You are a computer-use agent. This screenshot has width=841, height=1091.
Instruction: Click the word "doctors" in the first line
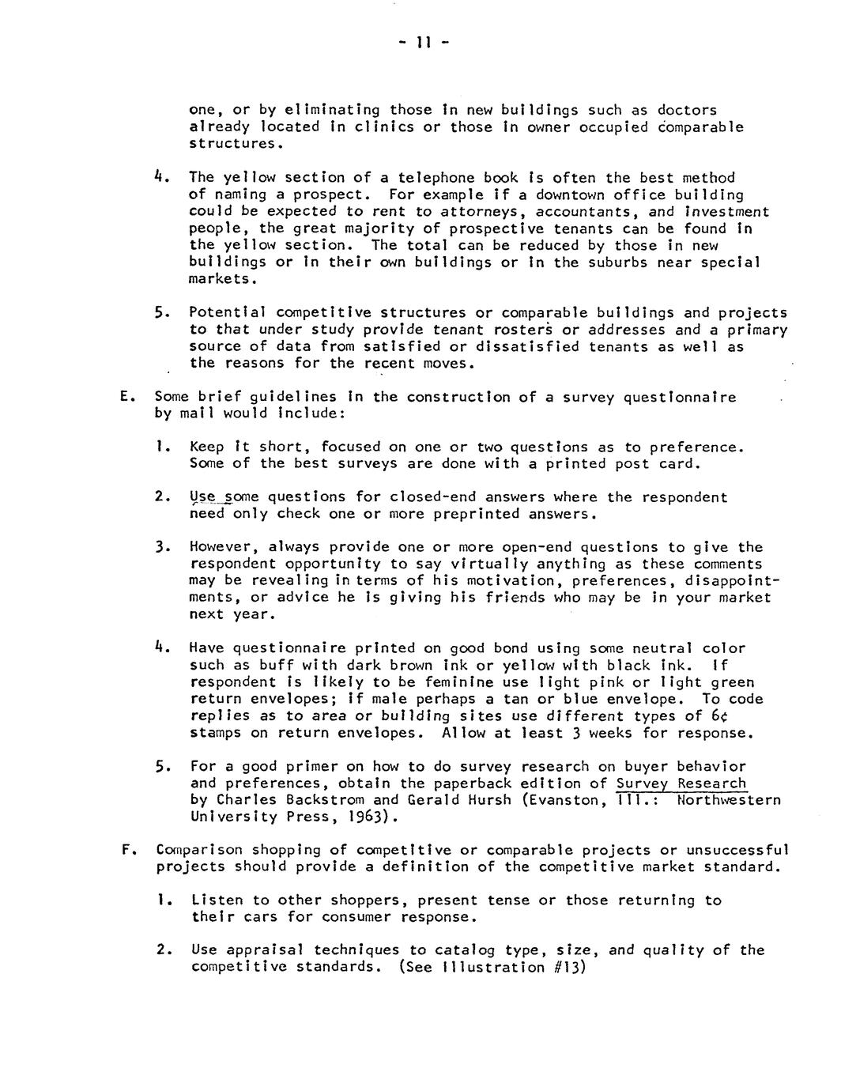687,110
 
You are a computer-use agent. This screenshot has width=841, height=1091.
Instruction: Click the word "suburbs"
618,262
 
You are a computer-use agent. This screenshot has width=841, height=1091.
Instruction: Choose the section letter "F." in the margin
126,851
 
